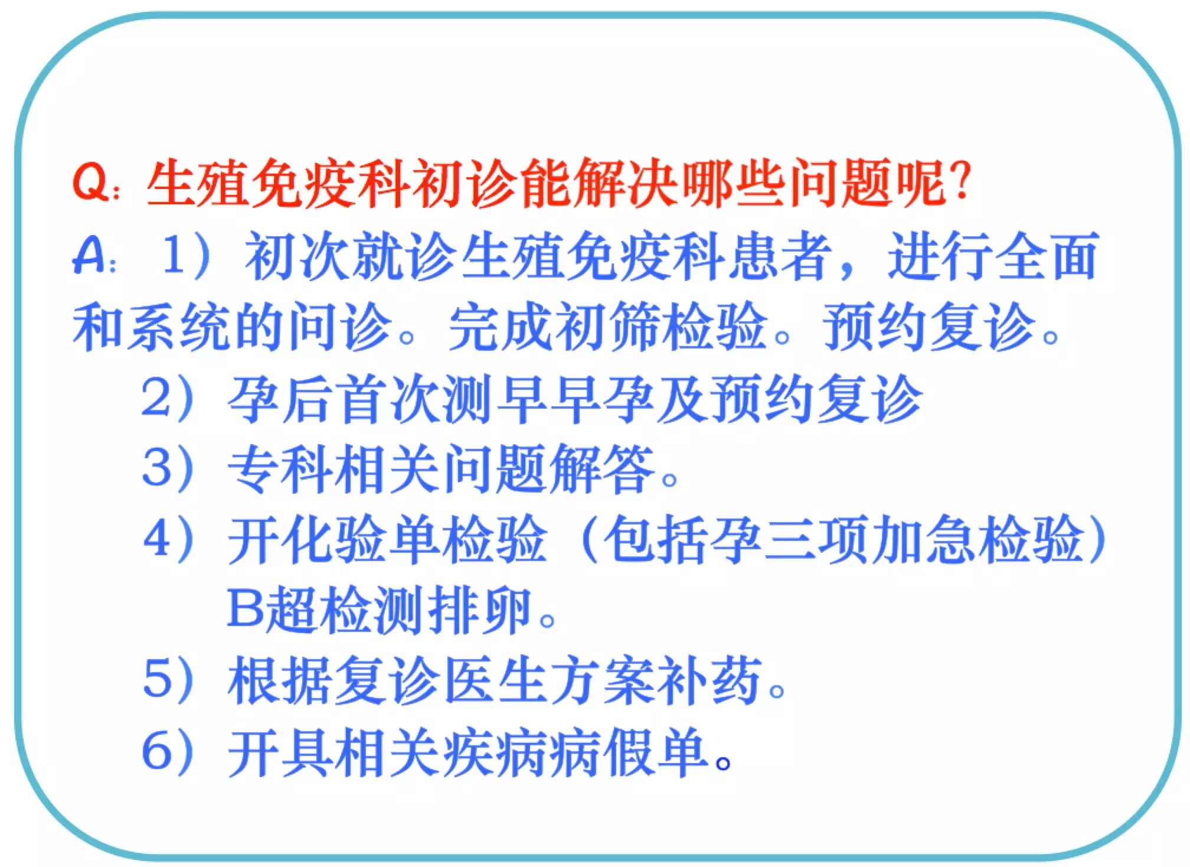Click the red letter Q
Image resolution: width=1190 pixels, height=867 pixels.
click(91, 184)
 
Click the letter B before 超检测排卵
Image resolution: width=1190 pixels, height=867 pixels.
click(244, 608)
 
